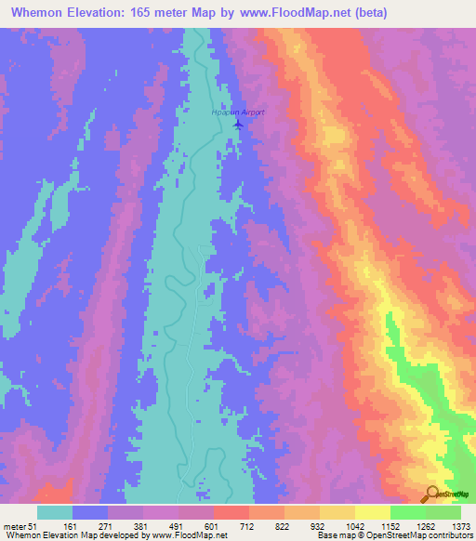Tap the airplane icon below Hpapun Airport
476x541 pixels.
click(x=238, y=123)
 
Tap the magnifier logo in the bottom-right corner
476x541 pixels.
click(x=432, y=494)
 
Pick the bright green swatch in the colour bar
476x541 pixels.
click(x=408, y=512)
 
